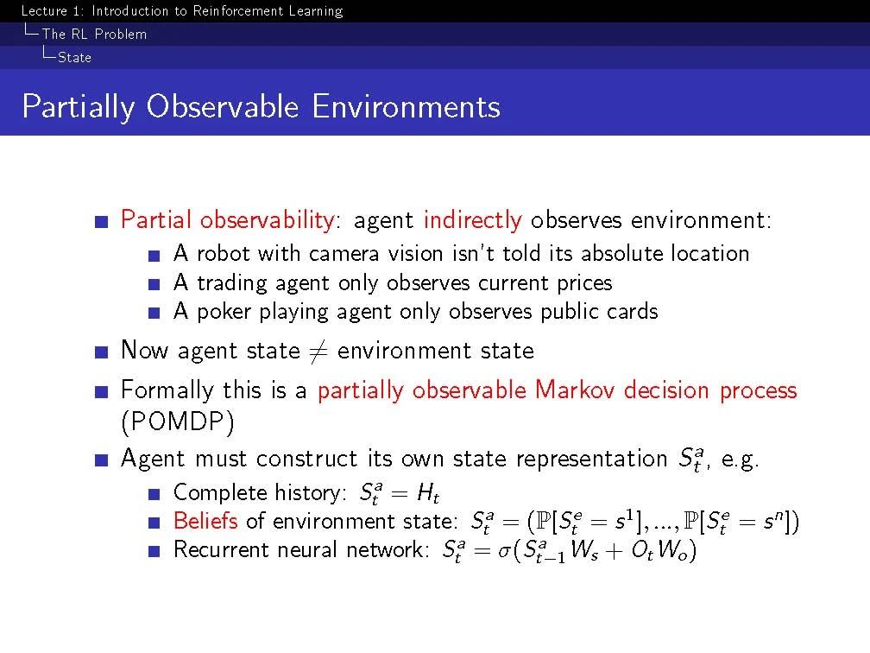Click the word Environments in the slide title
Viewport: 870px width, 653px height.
[x=406, y=106]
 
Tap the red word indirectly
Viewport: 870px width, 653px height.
[x=473, y=220]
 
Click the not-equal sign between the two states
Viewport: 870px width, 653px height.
[x=318, y=351]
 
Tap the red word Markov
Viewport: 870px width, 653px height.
[x=575, y=390]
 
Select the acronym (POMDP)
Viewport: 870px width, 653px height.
[x=178, y=422]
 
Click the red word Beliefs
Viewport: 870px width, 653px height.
[x=205, y=521]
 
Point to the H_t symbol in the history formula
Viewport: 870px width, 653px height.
[x=428, y=493]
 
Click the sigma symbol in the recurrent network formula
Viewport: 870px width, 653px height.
[x=504, y=551]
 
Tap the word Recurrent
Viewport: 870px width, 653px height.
[x=221, y=549]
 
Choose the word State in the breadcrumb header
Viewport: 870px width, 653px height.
[x=75, y=57]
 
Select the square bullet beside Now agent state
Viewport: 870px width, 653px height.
[x=101, y=352]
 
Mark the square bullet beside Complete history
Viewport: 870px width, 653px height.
[x=154, y=494]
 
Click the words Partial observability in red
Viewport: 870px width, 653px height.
[x=228, y=220]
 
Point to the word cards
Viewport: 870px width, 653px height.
[x=633, y=312]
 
